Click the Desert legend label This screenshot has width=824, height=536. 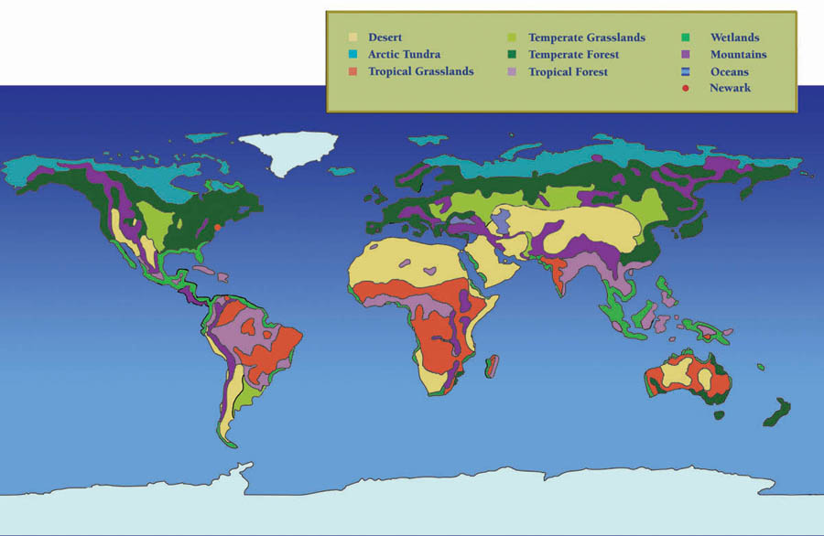point(385,38)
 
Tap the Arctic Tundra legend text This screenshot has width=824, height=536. point(404,55)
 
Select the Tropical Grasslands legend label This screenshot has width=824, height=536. point(420,71)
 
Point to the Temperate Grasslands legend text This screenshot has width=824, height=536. point(586,38)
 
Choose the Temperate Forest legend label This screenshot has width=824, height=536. point(573,55)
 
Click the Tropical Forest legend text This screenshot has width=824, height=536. point(568,71)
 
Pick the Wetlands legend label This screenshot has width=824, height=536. point(734,38)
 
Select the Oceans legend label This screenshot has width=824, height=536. point(729,71)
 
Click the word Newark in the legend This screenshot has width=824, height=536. point(730,88)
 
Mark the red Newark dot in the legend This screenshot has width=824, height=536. point(686,88)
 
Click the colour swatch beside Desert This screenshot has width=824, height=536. point(352,38)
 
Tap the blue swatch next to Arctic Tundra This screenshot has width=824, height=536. point(352,55)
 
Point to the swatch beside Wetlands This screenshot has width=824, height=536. point(686,38)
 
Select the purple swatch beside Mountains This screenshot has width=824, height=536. point(686,55)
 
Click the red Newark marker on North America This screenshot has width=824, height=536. point(218,227)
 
